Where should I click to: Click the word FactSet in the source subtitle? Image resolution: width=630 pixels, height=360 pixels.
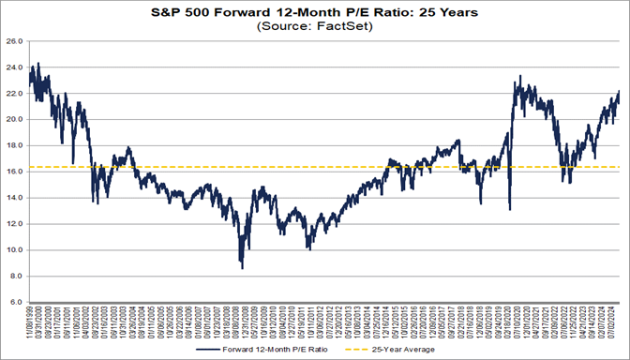pyautogui.click(x=337, y=27)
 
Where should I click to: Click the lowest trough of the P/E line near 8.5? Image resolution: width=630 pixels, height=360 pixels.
pyautogui.click(x=243, y=269)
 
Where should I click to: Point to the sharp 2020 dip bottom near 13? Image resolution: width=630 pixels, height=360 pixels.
pyautogui.click(x=509, y=210)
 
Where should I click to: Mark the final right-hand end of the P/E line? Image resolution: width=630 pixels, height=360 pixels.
pyautogui.click(x=619, y=91)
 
